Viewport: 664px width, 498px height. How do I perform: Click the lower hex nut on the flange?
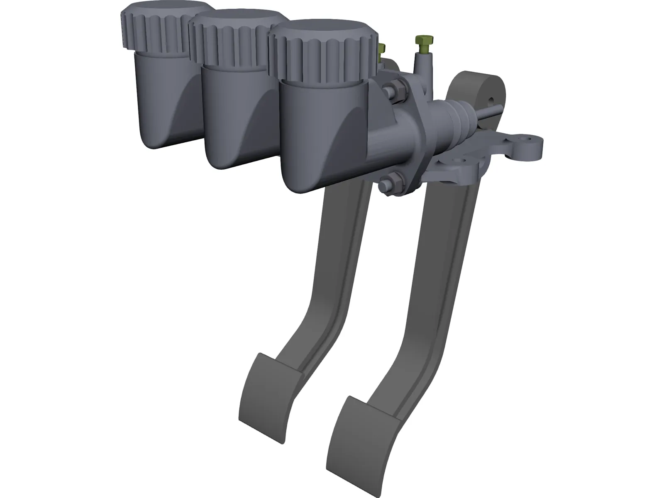(386, 183)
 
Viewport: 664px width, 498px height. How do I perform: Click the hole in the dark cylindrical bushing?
(492, 100)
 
